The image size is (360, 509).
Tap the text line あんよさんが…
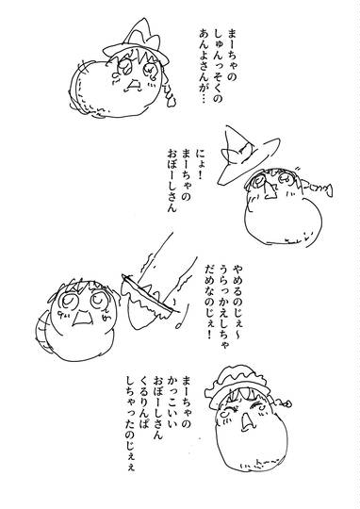click(205, 67)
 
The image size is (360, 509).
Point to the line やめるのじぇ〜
click(237, 302)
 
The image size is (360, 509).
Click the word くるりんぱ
click(145, 405)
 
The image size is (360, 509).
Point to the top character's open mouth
click(134, 85)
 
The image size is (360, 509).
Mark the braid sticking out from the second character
click(318, 189)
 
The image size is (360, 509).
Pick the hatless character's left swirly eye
click(68, 301)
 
